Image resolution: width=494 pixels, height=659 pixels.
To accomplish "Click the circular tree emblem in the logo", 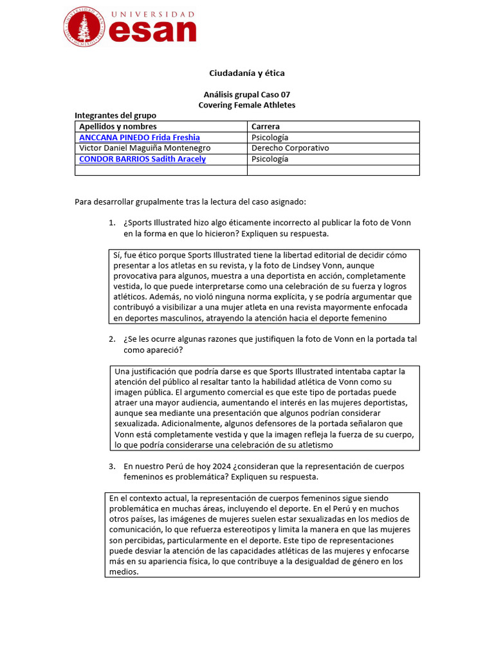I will tap(84, 27).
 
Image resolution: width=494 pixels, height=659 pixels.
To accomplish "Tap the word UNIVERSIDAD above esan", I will tap(153, 14).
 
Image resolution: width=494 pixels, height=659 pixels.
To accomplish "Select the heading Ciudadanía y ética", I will tap(247, 73).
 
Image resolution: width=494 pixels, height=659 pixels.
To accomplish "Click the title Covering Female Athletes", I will tap(247, 105).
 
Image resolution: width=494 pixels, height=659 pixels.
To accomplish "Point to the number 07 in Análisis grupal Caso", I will tap(285, 95).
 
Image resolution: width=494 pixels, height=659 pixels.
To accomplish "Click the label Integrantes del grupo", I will tap(115, 116).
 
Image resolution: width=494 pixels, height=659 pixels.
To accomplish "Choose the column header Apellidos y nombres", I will tap(118, 127).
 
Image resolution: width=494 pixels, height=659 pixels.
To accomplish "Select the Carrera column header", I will tap(265, 127).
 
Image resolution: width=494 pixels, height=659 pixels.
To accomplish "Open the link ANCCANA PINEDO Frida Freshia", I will tap(139, 138).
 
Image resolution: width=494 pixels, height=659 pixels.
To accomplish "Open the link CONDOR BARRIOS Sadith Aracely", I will tap(142, 159).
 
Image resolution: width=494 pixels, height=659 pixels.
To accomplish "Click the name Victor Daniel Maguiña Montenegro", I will tap(145, 148).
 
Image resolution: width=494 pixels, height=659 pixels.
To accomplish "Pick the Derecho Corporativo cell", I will tap(290, 148).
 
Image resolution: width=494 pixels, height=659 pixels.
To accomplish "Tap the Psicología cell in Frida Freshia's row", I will tap(270, 138).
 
